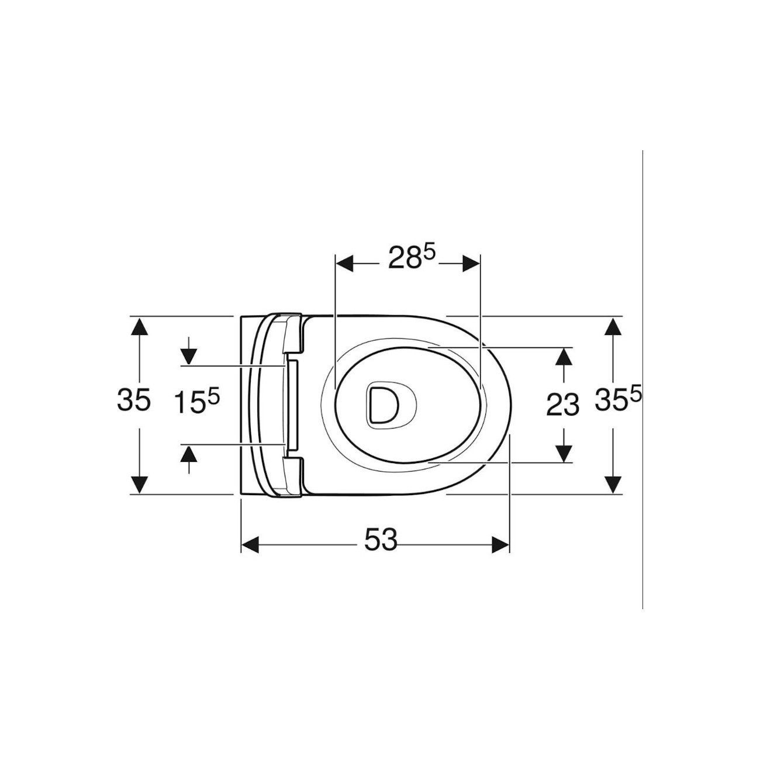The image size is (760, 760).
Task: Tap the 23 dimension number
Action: (x=563, y=405)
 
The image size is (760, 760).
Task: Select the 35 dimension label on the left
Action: (x=134, y=400)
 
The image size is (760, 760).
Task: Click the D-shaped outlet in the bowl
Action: (x=382, y=404)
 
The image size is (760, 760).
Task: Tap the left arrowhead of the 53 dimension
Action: (x=250, y=545)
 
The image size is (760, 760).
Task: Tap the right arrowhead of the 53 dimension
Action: (x=501, y=545)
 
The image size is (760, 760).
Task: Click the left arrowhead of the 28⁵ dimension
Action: (x=344, y=263)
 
